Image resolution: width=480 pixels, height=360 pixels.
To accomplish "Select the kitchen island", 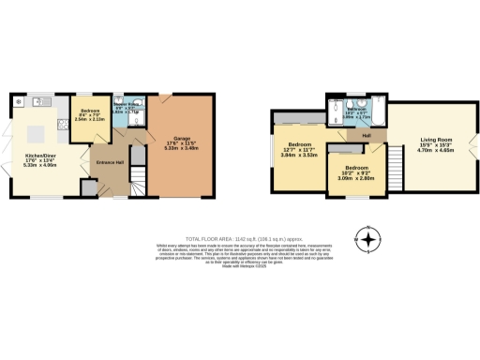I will (44, 122).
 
